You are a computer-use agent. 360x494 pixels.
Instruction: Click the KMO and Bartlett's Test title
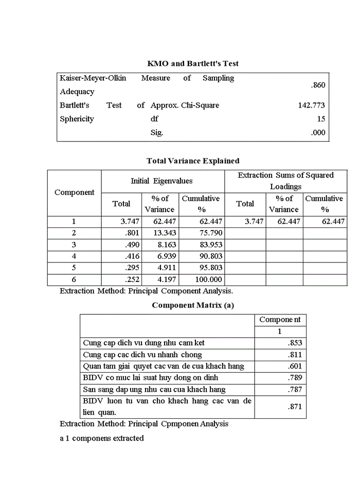(x=192, y=64)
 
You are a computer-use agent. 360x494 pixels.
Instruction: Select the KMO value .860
(x=318, y=85)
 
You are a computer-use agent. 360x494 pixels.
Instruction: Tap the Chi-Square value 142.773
(x=311, y=105)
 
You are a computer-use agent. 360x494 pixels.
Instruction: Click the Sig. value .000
(x=318, y=132)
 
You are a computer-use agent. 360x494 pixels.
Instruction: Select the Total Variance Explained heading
(x=192, y=161)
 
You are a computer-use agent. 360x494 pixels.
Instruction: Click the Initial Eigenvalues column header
(x=162, y=181)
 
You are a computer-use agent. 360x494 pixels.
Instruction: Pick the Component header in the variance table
(x=75, y=192)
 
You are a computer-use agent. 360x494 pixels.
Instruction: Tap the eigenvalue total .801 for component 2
(x=132, y=233)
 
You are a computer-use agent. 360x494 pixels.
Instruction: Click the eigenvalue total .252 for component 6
(x=132, y=279)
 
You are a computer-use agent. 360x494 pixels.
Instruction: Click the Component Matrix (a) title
(x=192, y=305)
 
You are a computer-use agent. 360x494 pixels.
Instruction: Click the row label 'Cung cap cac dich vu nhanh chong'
(x=142, y=355)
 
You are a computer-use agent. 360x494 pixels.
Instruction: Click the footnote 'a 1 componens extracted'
(x=102, y=438)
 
